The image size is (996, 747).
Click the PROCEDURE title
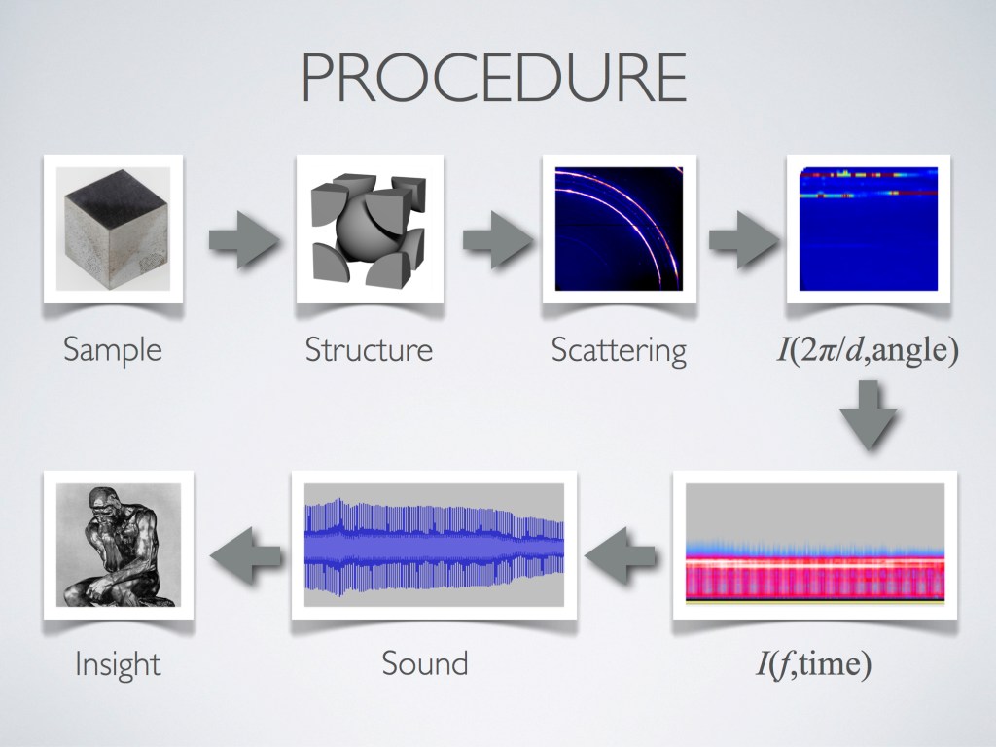pyautogui.click(x=493, y=77)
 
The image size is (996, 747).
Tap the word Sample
pyautogui.click(x=112, y=348)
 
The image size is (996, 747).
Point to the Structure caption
pyautogui.click(x=369, y=349)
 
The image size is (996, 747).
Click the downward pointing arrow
pyautogui.click(x=868, y=416)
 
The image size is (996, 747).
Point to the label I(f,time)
pyautogui.click(x=814, y=664)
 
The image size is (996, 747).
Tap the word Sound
pyautogui.click(x=424, y=664)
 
